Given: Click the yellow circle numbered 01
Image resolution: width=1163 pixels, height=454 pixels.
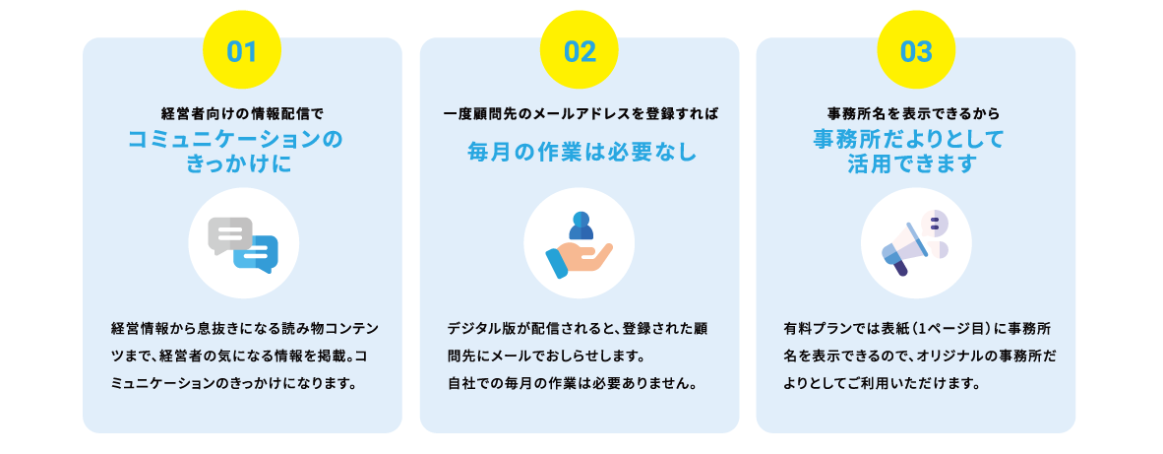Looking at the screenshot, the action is (x=242, y=49).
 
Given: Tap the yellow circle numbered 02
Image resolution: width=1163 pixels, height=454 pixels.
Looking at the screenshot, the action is (x=580, y=49).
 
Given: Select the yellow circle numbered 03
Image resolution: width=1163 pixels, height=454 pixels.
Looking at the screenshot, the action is (x=916, y=49).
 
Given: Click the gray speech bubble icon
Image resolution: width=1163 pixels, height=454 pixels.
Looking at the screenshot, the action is (x=230, y=235).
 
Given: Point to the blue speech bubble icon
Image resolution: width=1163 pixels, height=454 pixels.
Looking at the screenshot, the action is (x=257, y=254).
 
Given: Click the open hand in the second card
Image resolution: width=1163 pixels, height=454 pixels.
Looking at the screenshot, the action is (x=579, y=260).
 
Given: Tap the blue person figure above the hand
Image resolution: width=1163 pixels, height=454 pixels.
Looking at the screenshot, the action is (x=581, y=226).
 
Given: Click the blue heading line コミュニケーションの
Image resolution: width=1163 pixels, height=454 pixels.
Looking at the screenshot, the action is (x=236, y=140).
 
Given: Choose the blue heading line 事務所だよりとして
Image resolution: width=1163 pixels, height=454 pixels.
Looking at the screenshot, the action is (x=908, y=140).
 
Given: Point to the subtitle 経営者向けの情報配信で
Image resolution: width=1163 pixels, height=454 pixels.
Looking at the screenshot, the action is (x=243, y=114).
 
